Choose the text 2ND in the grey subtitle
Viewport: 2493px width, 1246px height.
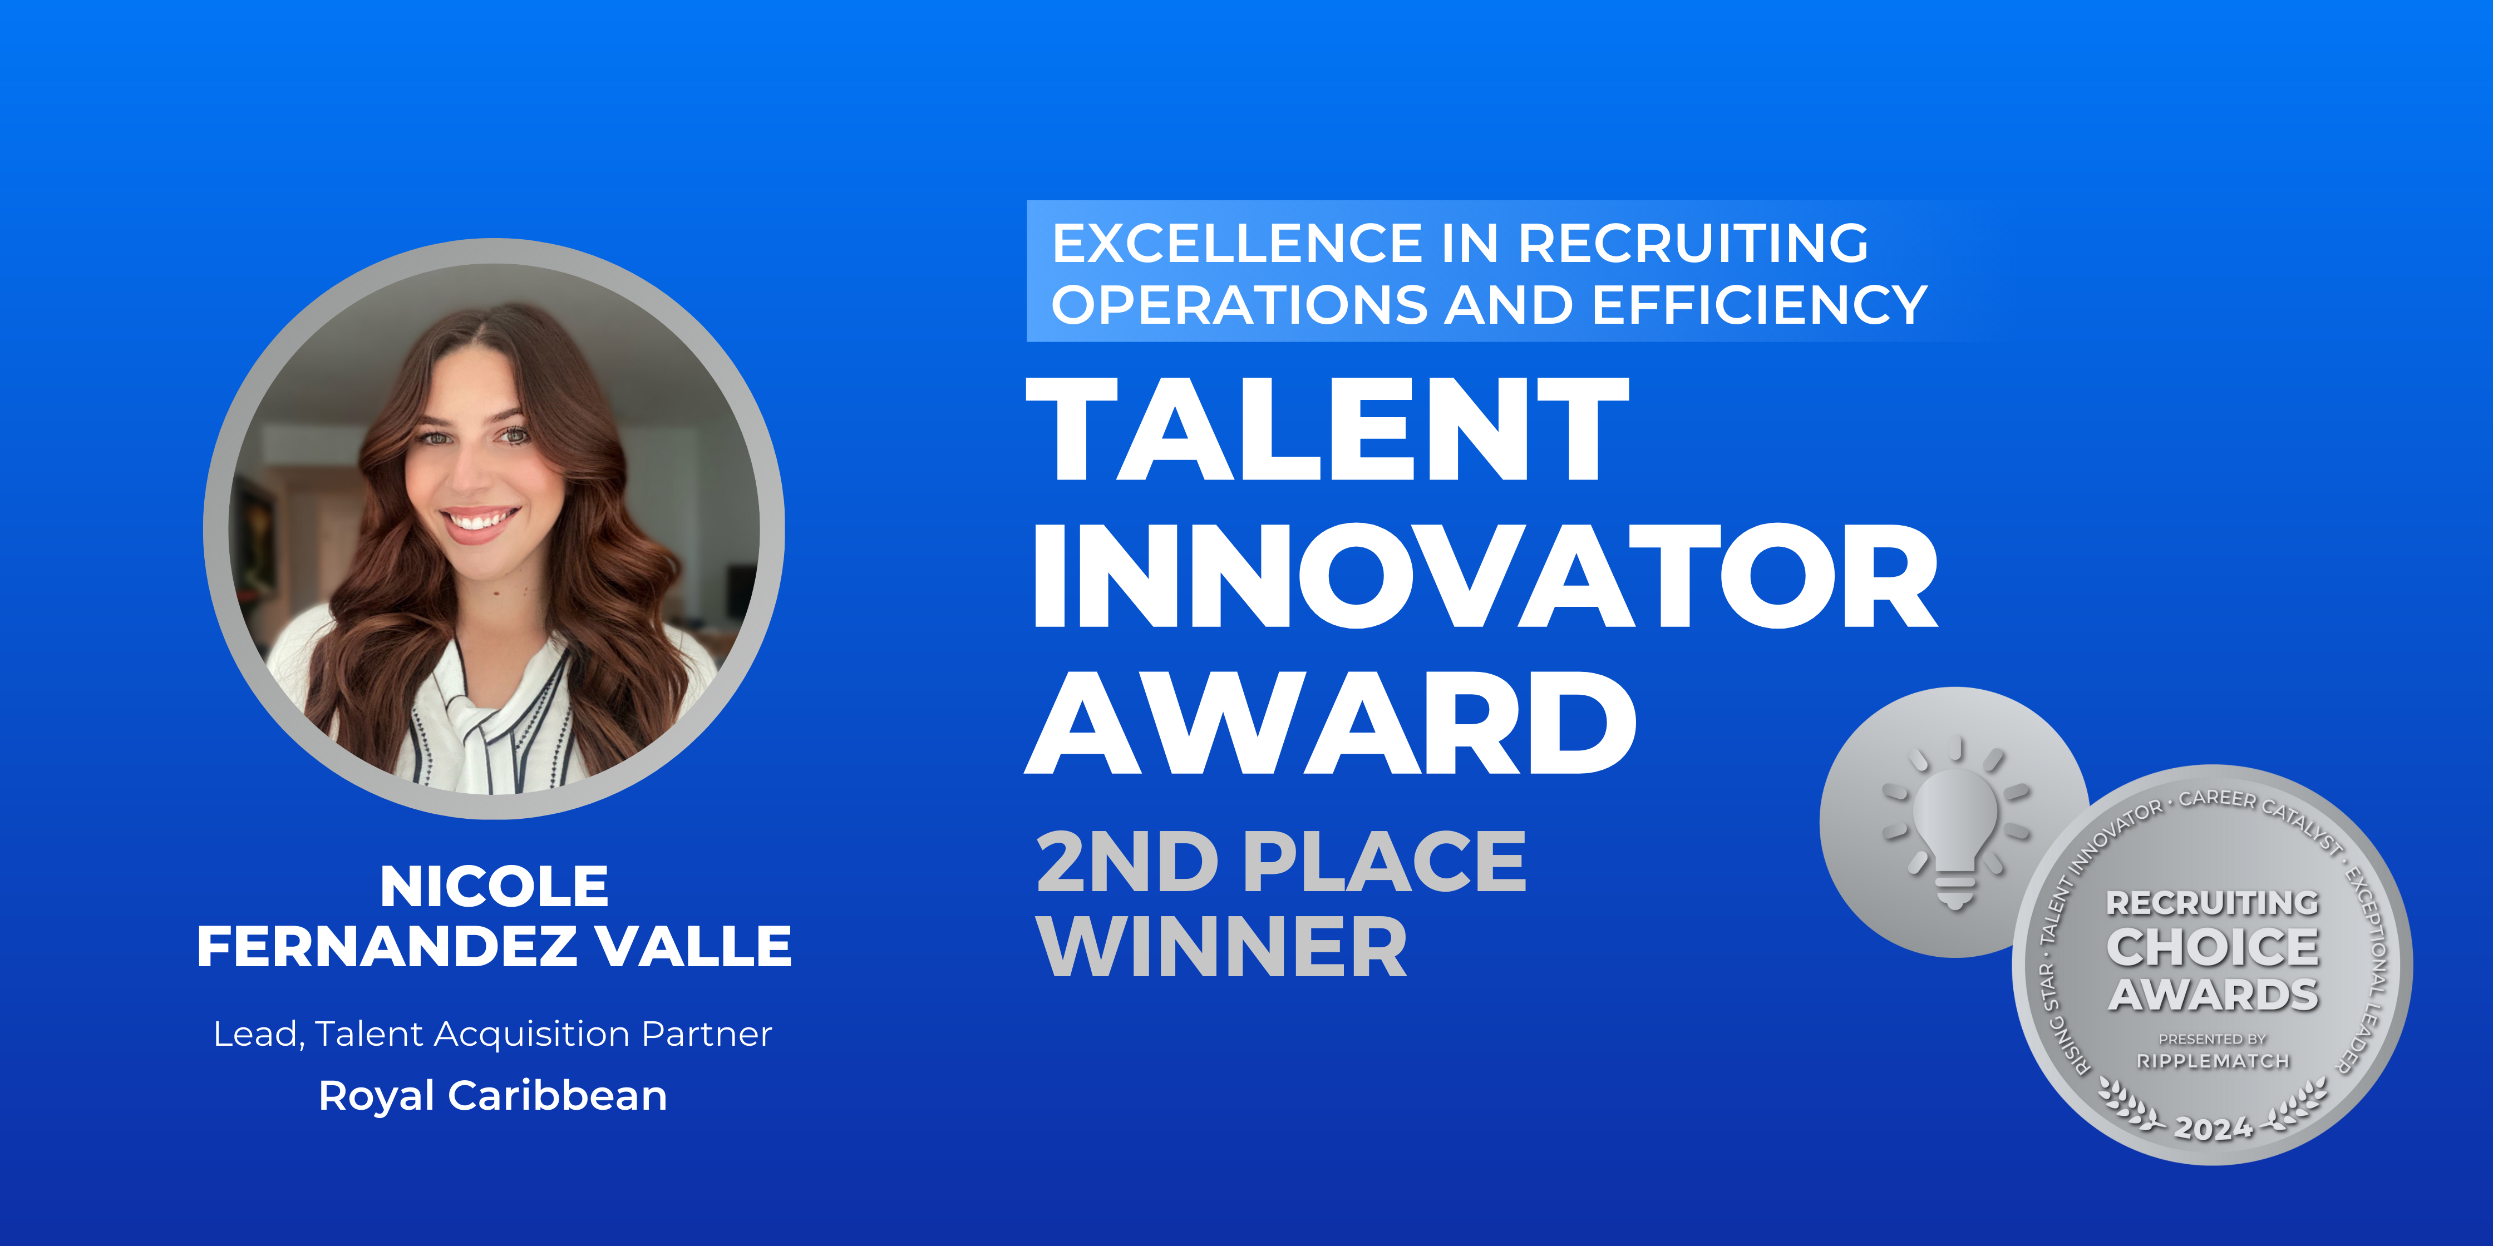tap(1126, 861)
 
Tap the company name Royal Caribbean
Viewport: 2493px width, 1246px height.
tap(492, 1096)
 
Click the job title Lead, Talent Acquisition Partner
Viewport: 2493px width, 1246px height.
tap(492, 1034)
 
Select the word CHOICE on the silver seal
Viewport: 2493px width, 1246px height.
tap(2213, 947)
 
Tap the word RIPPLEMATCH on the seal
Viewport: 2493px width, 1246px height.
tap(2213, 1061)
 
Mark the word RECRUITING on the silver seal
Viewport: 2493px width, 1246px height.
tap(2213, 903)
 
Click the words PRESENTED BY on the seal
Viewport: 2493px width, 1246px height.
tap(2213, 1039)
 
